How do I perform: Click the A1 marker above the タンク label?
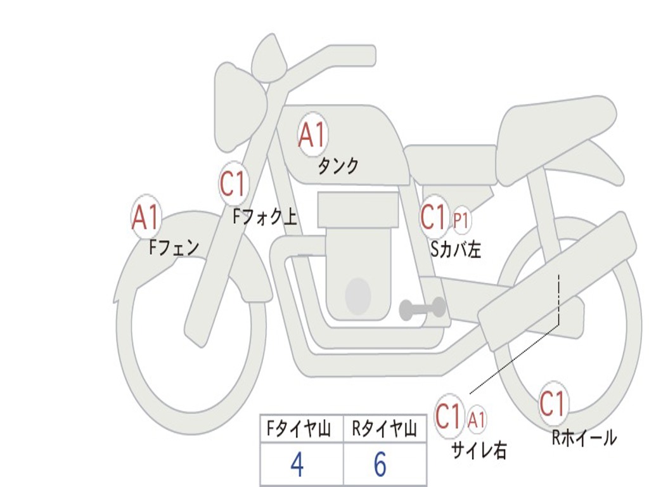tap(312, 134)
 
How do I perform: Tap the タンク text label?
tap(338, 166)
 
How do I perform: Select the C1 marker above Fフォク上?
tap(233, 183)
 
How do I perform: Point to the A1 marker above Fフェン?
tap(146, 217)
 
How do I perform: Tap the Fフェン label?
tap(174, 248)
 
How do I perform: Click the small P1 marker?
tap(461, 220)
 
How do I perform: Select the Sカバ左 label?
tap(456, 249)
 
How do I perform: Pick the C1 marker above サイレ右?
tap(449, 415)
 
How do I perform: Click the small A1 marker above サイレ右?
tap(476, 420)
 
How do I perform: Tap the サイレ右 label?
tap(479, 450)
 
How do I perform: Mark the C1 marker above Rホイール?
tap(553, 403)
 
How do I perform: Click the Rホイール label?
tap(584, 438)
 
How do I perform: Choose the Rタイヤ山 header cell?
tap(385, 429)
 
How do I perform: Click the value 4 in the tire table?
tap(297, 464)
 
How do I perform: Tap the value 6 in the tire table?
tap(380, 464)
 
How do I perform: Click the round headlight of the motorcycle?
tap(240, 107)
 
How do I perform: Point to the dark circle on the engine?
tap(357, 295)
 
